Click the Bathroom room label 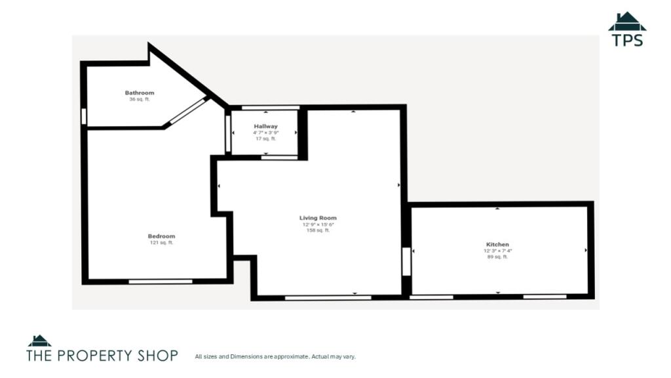pos(140,93)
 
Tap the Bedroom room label pos(161,236)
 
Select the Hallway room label pos(266,127)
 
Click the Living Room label pos(318,218)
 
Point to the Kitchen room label pos(498,244)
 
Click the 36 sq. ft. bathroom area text pos(140,100)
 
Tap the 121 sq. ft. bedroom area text pos(161,243)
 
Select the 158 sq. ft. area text pos(318,230)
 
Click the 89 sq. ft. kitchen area pos(498,257)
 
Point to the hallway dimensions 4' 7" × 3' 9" pos(266,133)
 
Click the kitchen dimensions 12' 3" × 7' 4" pos(498,251)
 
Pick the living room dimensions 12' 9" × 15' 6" pos(318,224)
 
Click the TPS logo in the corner pos(627,29)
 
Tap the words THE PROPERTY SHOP pos(102,355)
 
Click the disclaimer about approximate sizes pos(275,356)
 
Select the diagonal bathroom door pos(187,112)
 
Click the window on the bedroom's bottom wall pos(161,282)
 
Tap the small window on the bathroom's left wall pos(84,117)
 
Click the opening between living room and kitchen pos(406,261)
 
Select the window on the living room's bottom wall pos(328,297)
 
